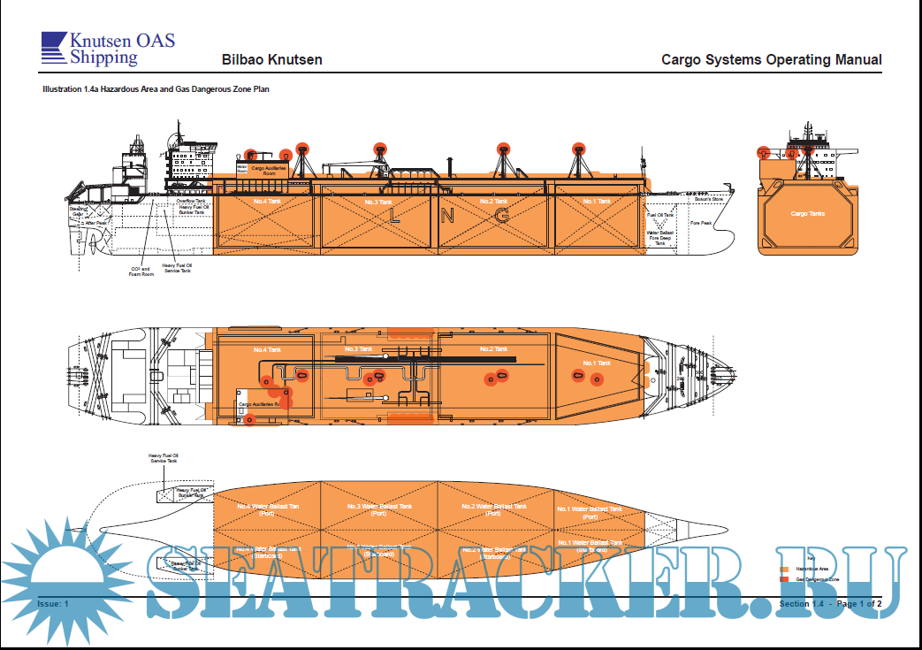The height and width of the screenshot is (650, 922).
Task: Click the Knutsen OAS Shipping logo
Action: click(108, 49)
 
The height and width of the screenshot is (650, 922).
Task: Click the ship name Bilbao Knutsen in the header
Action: click(271, 60)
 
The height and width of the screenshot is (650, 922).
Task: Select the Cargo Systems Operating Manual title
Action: click(771, 60)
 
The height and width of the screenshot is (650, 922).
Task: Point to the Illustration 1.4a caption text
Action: click(156, 89)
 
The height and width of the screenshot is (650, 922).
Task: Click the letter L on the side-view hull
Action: click(395, 216)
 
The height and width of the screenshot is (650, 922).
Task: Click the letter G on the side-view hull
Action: click(502, 216)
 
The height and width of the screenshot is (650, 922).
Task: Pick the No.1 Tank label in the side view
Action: click(597, 202)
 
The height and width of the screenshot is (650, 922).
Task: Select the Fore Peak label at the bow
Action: click(701, 223)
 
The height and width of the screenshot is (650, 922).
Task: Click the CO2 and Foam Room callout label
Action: click(141, 271)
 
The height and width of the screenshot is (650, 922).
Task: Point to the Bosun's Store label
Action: click(708, 200)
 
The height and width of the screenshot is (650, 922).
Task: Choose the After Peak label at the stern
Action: click(95, 223)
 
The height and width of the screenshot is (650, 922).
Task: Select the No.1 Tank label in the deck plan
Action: click(597, 363)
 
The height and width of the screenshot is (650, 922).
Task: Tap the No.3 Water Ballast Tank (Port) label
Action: click(378, 509)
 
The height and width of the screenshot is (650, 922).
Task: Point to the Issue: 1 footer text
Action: click(53, 603)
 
